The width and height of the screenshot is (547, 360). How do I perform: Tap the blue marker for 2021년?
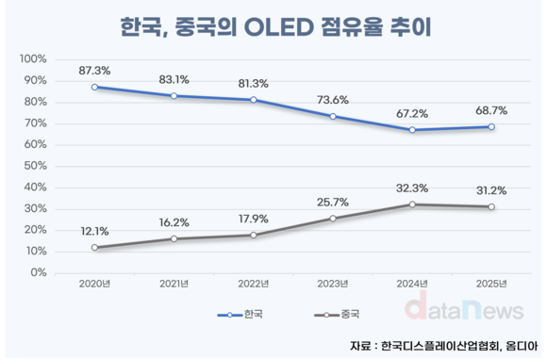pos(174,96)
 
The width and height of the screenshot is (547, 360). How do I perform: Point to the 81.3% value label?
pos(253,83)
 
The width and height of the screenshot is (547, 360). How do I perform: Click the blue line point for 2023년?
pos(333,116)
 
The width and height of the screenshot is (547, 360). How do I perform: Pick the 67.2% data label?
pos(411,113)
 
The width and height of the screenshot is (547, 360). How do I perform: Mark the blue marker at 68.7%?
pos(490,126)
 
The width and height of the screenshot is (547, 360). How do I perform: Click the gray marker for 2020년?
pos(95,248)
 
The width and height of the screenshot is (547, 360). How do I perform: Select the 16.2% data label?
pos(174,223)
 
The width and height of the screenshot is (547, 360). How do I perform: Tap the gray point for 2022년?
pos(254,235)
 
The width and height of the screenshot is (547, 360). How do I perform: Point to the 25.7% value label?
pos(333,203)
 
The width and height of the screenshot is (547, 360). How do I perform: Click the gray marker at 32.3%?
pos(411,205)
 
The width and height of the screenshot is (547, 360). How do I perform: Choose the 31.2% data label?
pos(490,190)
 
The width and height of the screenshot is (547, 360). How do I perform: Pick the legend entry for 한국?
pos(244,316)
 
